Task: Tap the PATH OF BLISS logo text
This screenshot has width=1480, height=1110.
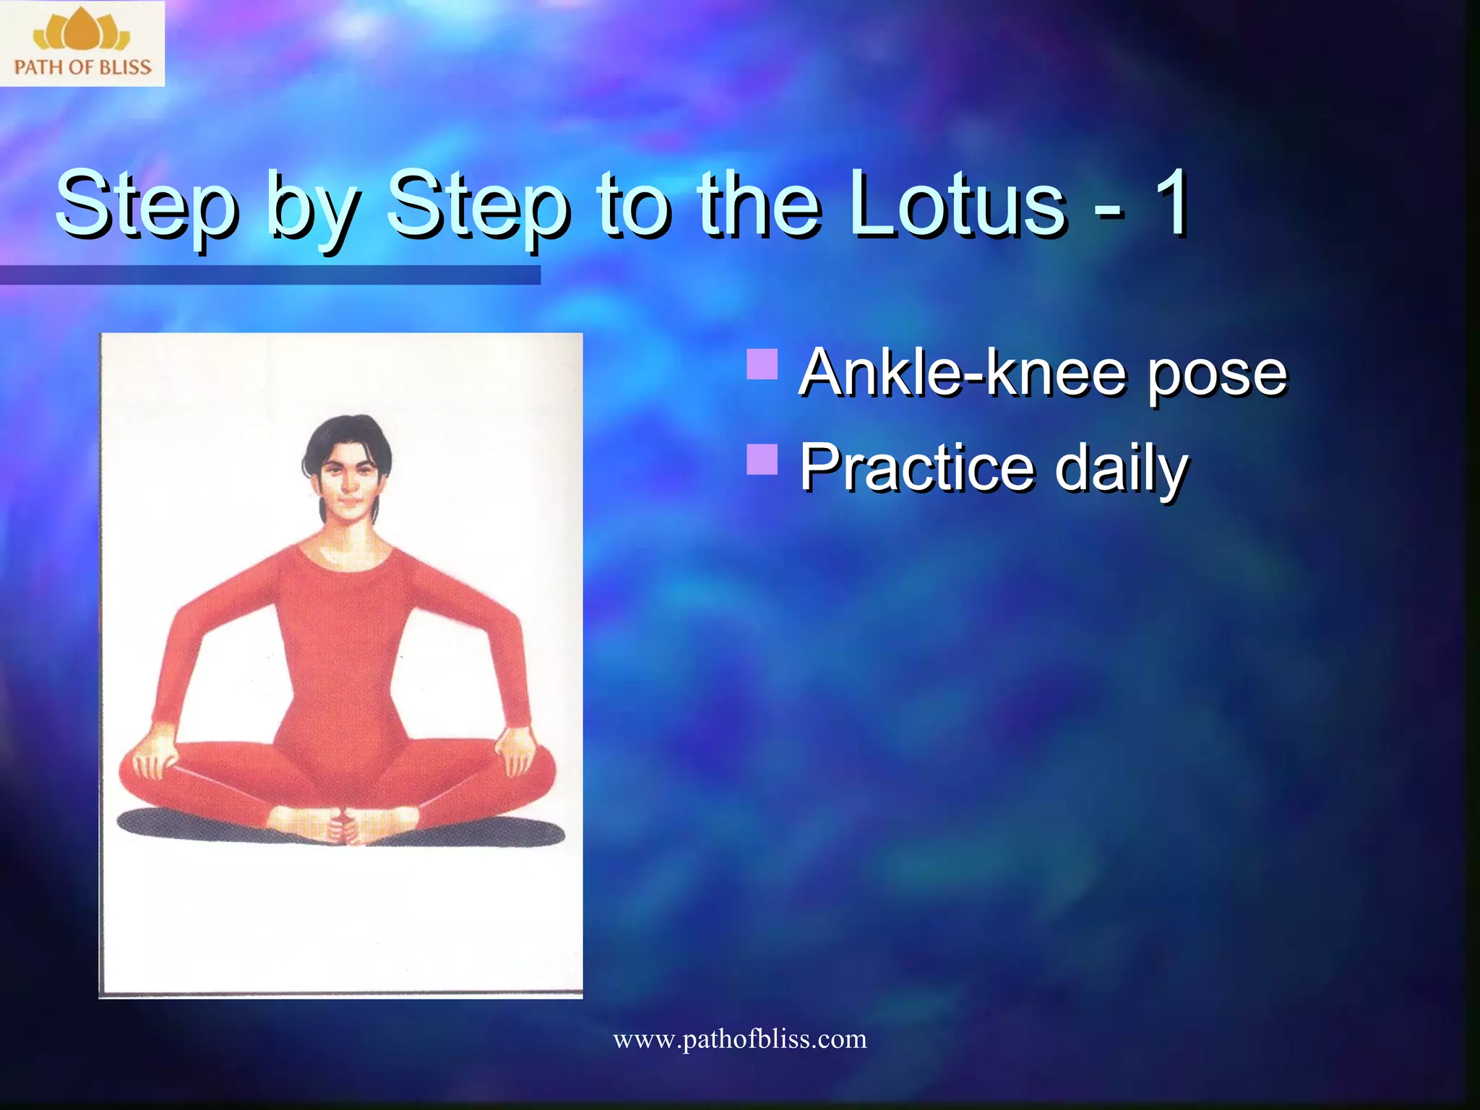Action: coord(82,67)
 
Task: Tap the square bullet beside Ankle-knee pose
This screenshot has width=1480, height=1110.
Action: coord(762,364)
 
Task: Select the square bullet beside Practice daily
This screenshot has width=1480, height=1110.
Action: coord(762,459)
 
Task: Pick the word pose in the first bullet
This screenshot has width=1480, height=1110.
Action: coord(1217,376)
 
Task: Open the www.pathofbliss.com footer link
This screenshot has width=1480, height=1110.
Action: coord(739,1039)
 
